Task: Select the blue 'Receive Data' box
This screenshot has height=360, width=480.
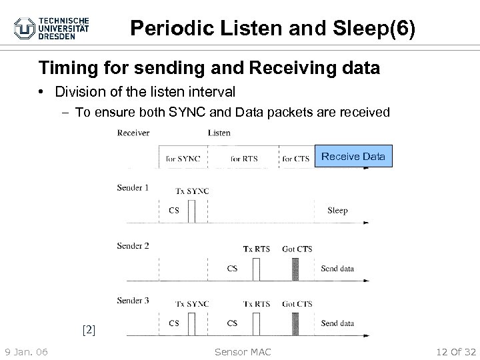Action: pos(353,157)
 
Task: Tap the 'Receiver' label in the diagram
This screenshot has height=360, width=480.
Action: pos(133,133)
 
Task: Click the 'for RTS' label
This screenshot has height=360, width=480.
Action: pos(244,159)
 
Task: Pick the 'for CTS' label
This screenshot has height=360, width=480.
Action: pos(297,159)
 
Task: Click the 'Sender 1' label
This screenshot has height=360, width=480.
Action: pos(133,188)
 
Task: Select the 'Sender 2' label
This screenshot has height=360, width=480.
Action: pos(133,246)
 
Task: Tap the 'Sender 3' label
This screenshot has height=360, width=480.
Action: pos(133,301)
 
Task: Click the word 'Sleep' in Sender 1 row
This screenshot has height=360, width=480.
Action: pos(337,211)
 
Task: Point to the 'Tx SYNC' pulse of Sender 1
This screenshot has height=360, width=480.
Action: pos(192,211)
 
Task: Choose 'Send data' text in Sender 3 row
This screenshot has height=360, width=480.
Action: pos(337,323)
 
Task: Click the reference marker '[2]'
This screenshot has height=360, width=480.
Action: pos(89,329)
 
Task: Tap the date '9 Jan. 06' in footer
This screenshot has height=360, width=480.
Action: pos(26,351)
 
